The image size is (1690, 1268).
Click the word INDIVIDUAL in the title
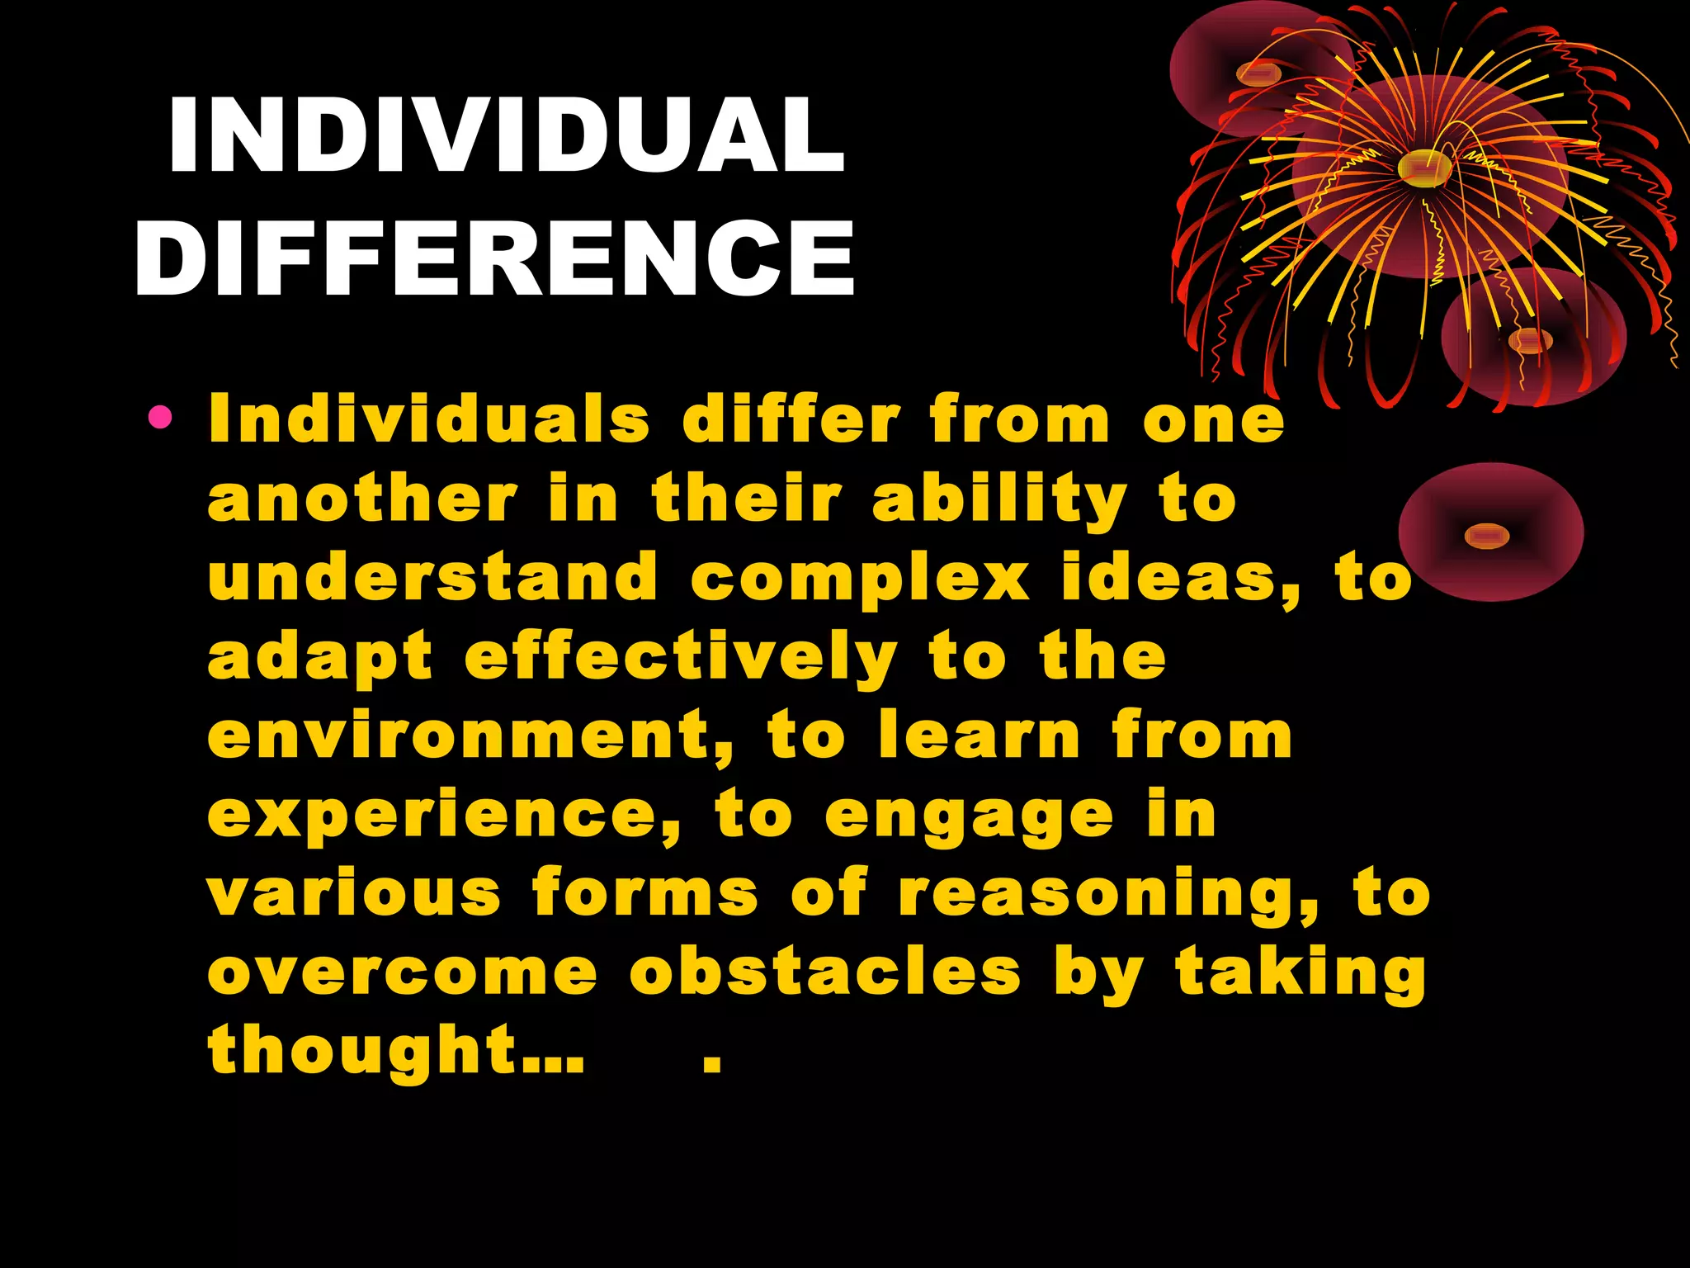coord(507,135)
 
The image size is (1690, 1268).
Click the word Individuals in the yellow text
coord(429,419)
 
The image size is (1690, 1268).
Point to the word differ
coord(791,419)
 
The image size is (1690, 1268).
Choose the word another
coord(362,499)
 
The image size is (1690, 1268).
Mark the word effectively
coord(681,658)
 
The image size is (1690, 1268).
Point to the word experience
coord(443,814)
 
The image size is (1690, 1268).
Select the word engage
coord(970,816)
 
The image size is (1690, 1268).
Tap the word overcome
coord(403,972)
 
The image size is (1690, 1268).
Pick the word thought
coord(363,1050)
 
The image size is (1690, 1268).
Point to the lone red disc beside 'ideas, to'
coord(1490,533)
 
